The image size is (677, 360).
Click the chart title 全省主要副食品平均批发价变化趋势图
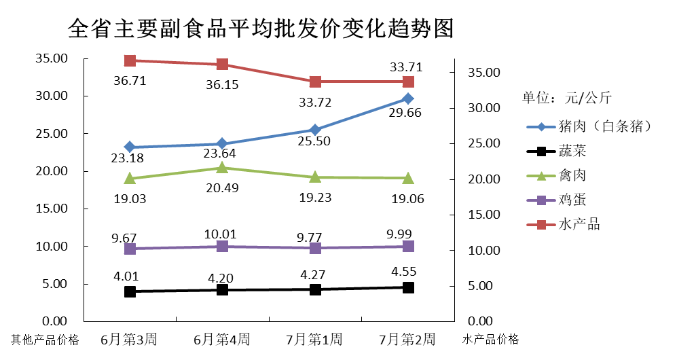(261, 29)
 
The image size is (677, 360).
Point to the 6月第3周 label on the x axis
(130, 339)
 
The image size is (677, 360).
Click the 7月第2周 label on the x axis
(407, 339)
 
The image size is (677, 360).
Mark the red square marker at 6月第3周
(130, 60)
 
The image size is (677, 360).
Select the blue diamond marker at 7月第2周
(408, 99)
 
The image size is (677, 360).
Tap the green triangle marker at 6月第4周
(223, 167)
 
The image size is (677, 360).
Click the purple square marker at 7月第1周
(315, 248)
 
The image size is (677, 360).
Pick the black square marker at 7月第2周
(408, 287)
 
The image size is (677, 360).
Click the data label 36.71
(130, 82)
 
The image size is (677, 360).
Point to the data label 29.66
(405, 113)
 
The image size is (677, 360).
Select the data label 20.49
(221, 188)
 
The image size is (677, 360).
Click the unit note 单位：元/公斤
(567, 97)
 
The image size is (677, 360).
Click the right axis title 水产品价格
(490, 339)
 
